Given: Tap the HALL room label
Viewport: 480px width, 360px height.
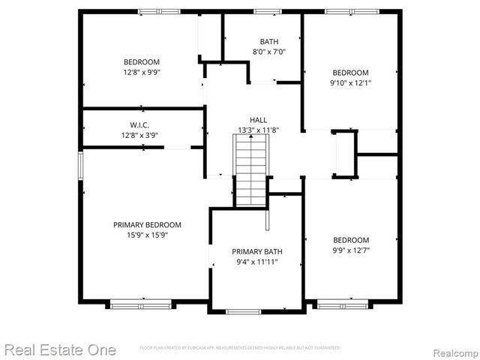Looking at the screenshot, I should tap(258, 120).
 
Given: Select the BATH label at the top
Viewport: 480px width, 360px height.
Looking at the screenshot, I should tap(268, 41).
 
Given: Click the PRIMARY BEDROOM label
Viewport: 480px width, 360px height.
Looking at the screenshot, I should tap(147, 225).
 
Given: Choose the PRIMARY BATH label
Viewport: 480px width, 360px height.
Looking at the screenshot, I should tap(257, 251).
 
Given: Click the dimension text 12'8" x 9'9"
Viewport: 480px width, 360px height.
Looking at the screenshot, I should tap(142, 73).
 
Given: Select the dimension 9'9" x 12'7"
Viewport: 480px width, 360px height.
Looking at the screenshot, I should tap(351, 250).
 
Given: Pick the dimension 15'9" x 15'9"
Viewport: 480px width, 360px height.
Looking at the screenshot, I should tap(147, 235).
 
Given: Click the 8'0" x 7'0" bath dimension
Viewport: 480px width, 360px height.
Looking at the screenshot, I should tap(268, 52).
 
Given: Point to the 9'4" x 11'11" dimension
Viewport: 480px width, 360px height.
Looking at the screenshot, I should tap(257, 262).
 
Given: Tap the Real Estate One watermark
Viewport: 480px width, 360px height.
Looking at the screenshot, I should tap(59, 349).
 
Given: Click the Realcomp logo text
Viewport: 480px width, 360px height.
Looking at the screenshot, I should tap(448, 350).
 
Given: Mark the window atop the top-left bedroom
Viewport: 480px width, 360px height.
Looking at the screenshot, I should tap(158, 11).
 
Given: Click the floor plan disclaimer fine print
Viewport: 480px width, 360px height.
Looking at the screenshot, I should tap(240, 348).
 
